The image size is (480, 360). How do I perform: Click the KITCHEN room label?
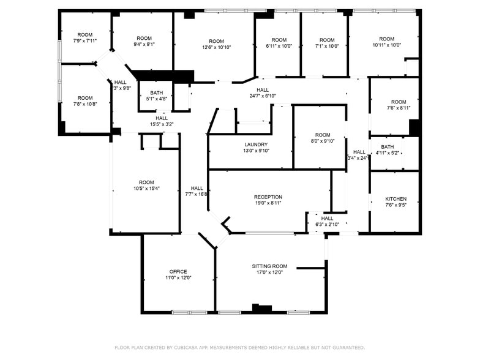(396, 199)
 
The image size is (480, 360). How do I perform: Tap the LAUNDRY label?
(256, 144)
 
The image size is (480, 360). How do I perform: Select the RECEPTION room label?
(268, 197)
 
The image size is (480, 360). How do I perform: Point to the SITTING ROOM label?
(269, 266)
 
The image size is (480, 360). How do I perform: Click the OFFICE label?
(178, 271)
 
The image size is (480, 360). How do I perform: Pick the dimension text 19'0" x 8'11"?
(268, 203)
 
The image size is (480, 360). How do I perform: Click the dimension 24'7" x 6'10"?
(263, 96)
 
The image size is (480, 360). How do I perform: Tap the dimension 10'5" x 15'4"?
(146, 189)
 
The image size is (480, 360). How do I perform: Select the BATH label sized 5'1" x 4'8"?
(156, 92)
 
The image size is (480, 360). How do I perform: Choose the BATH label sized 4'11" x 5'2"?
(387, 147)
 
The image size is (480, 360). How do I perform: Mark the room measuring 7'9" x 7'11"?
(85, 35)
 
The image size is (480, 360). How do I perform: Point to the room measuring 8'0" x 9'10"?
(323, 135)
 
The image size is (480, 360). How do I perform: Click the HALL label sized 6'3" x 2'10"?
(328, 218)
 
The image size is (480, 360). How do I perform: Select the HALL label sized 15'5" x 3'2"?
(162, 118)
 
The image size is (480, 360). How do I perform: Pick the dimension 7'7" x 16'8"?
(197, 194)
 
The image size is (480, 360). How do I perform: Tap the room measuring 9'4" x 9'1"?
(144, 38)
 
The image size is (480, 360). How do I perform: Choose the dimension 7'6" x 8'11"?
(399, 108)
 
